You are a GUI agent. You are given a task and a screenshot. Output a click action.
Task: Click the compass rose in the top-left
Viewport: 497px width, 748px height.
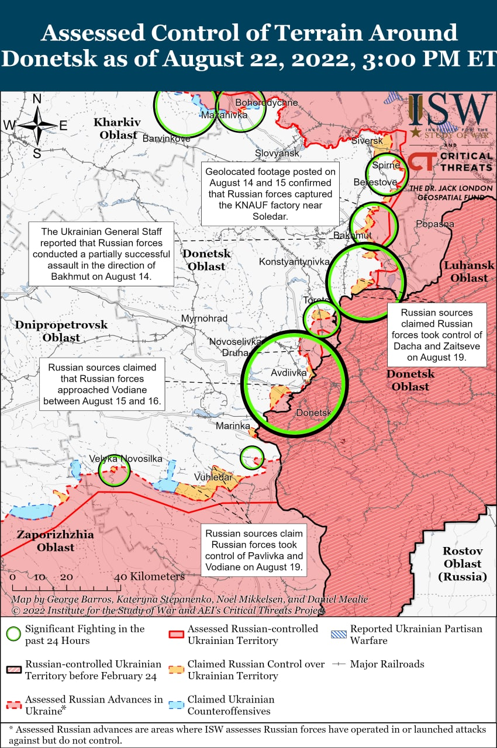coord(37,126)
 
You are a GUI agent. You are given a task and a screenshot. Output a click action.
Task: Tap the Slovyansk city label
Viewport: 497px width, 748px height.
coord(277,153)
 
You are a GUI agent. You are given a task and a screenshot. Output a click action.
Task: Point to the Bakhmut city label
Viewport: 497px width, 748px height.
coord(353,236)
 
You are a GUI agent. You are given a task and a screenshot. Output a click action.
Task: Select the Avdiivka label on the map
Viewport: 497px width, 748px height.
coord(288,372)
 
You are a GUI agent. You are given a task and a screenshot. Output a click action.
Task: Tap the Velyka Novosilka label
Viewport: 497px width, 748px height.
coord(126,459)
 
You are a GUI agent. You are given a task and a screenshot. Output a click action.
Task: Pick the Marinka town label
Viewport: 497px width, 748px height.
coord(233,426)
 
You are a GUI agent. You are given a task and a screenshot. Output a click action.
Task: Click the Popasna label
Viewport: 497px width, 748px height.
coord(434,224)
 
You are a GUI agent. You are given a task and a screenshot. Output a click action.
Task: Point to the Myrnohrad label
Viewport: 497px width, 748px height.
coord(204,318)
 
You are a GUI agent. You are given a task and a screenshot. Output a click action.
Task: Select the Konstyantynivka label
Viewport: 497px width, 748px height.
coord(294,262)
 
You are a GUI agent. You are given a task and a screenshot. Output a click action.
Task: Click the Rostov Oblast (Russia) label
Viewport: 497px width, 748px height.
coord(462,564)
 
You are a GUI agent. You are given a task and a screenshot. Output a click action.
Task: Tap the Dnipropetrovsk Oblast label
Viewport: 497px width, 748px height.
coord(61,331)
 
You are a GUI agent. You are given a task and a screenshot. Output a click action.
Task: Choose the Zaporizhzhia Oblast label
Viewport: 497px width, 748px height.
coord(55,541)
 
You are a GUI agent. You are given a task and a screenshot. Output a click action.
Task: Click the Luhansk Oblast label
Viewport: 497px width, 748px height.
coord(469,272)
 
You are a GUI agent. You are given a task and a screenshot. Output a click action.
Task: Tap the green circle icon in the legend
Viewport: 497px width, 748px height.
coord(14,634)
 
